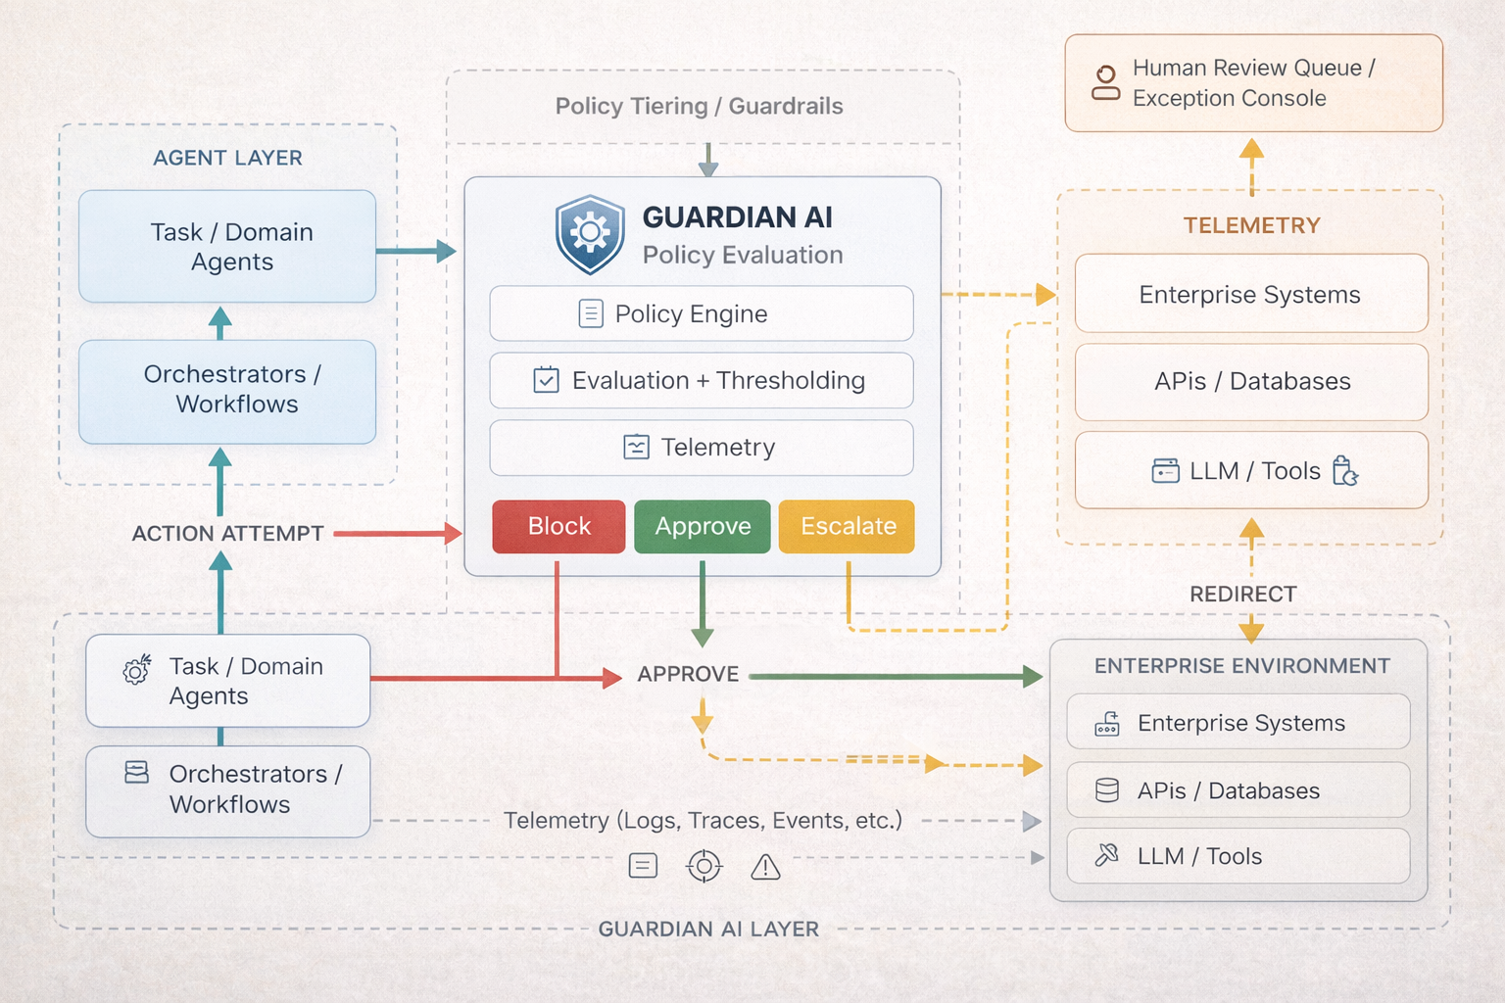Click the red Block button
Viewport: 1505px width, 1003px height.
[x=558, y=527]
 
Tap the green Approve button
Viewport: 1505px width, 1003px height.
[x=703, y=527]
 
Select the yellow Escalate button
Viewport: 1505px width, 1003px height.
[x=848, y=527]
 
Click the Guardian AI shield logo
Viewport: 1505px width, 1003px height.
[x=590, y=233]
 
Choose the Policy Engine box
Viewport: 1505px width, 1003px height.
[x=702, y=313]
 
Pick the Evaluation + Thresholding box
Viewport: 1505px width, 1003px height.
[x=702, y=380]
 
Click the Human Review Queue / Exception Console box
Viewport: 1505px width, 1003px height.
[x=1253, y=83]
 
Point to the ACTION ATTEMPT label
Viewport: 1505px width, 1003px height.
[x=227, y=534]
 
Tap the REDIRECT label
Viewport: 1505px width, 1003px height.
[x=1242, y=595]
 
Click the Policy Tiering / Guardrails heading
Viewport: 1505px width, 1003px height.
[x=699, y=106]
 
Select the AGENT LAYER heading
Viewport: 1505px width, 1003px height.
[x=227, y=158]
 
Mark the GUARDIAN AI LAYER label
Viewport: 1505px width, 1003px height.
[x=708, y=929]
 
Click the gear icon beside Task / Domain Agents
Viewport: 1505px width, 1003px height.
[x=136, y=670]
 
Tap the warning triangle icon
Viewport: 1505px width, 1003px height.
[x=765, y=867]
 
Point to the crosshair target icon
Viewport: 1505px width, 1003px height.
[x=704, y=866]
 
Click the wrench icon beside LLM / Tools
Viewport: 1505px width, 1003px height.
[x=1106, y=855]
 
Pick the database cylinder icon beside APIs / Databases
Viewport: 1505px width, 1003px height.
[x=1107, y=790]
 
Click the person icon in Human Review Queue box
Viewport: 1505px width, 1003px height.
[x=1106, y=83]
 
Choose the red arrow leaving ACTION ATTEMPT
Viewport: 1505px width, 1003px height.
[x=397, y=534]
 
